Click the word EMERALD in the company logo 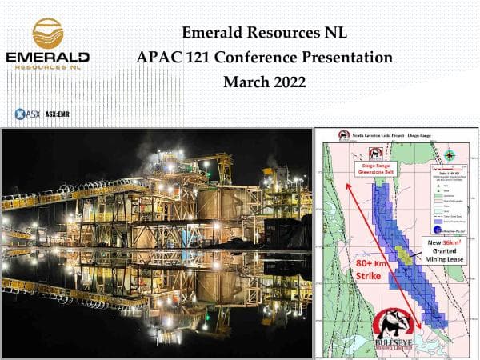pyautogui.click(x=48, y=58)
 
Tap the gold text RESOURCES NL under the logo pyautogui.click(x=48, y=70)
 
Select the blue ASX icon pyautogui.click(x=22, y=114)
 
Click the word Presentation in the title pyautogui.click(x=353, y=58)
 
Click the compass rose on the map pyautogui.click(x=451, y=156)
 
